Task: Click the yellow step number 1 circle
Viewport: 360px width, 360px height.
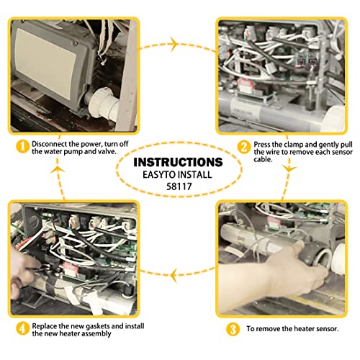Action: [x=23, y=146]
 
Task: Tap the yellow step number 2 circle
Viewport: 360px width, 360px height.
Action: [x=244, y=147]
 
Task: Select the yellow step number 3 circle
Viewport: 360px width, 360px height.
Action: [x=233, y=329]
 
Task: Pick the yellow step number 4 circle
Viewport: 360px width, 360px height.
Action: [x=23, y=328]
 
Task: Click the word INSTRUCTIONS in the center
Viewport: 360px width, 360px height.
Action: [x=178, y=162]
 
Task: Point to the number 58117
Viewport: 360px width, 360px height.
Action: [x=179, y=186]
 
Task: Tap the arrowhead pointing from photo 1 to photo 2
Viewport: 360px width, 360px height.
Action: [x=174, y=44]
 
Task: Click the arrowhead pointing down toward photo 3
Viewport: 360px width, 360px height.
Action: [x=289, y=168]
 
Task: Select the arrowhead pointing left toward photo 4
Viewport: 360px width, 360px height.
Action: [x=175, y=275]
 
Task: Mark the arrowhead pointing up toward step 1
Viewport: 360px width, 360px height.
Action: [x=58, y=169]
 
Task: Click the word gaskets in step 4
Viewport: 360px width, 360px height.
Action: [x=98, y=326]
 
